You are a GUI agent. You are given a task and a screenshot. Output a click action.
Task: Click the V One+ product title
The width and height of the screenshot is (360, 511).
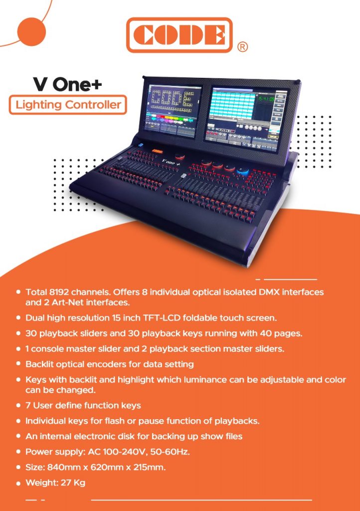point(68,84)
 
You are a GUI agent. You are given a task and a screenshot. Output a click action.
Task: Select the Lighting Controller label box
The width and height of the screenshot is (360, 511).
point(68,105)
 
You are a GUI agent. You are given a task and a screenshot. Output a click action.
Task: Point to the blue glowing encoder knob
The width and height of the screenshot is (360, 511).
point(243,170)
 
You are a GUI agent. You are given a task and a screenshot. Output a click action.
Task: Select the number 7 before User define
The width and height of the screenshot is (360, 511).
point(28,405)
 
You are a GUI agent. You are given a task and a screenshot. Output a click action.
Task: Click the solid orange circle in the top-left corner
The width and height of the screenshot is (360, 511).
point(31,31)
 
